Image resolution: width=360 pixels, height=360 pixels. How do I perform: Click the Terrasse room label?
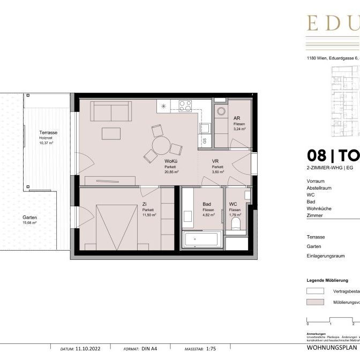point(48,132)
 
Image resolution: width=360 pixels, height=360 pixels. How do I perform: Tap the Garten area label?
point(30,217)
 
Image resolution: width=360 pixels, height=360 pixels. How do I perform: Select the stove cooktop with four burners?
point(186,106)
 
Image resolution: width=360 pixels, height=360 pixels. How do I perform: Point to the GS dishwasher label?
point(204,140)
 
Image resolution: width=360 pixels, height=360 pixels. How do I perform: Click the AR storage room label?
point(237,118)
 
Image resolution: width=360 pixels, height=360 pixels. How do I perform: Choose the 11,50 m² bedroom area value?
point(148,215)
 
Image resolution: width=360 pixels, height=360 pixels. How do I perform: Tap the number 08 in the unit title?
point(316,155)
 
